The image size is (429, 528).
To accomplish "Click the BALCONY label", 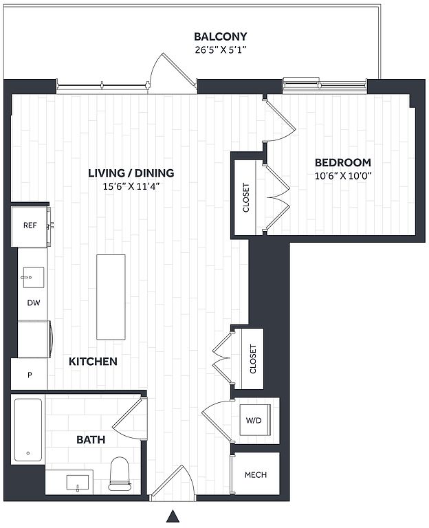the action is point(221,36).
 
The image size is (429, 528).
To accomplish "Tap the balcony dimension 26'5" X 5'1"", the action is point(221,49).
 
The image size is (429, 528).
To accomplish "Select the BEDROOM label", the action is point(343,162).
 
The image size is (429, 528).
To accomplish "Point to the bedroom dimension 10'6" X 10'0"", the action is point(343,176).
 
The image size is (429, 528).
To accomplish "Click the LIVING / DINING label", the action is point(131,173).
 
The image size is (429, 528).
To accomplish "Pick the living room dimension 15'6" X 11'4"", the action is point(131,186).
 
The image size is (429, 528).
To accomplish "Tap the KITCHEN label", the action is point(93,362).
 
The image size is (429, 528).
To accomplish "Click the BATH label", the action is point(91,439).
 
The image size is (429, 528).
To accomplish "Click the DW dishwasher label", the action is point(34,302).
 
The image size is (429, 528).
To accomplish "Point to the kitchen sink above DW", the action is point(33,278).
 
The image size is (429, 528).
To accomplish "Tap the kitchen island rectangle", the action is point(111,297).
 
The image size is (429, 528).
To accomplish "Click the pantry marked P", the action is point(30,374).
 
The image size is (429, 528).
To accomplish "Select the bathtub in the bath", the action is point(28,430).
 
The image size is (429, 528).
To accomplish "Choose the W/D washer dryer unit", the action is point(255,420).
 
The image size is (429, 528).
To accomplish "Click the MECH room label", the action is point(256,475).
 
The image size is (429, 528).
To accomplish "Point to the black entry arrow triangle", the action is point(173,516).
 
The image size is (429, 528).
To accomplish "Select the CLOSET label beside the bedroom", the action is point(246,198).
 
